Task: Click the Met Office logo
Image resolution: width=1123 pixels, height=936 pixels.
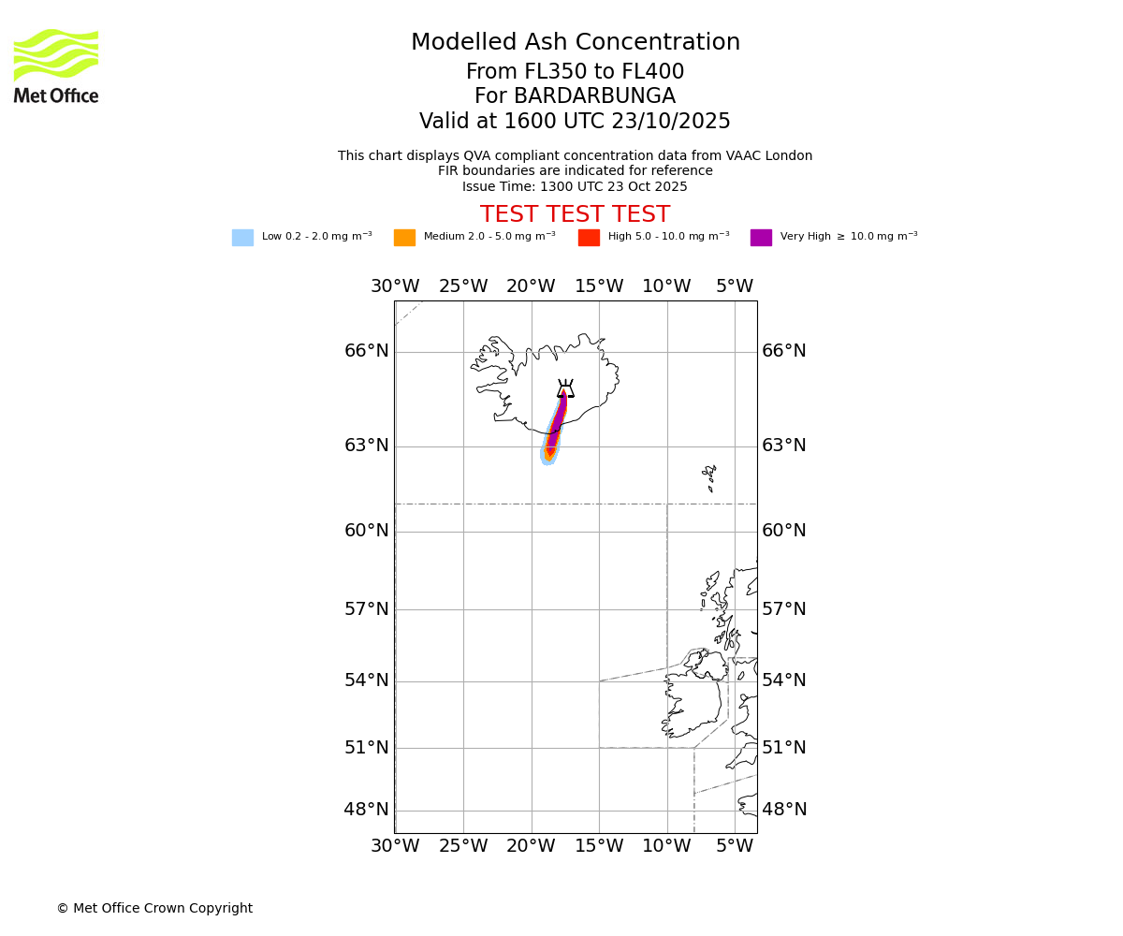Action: [56, 66]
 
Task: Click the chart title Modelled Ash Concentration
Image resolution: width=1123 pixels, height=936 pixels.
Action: [575, 43]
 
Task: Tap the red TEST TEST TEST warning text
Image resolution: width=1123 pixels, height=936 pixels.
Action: [575, 215]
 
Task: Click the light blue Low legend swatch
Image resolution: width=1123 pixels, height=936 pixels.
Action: [242, 238]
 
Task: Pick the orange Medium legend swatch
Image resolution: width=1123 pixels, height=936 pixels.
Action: [404, 238]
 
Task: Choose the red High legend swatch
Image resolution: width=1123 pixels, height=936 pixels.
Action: [589, 238]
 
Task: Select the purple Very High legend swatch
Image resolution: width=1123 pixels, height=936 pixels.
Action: [761, 238]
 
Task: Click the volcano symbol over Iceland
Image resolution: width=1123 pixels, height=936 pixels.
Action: [565, 389]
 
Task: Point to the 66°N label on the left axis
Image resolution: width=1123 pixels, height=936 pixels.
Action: [366, 351]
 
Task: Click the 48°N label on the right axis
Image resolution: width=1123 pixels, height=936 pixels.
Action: [784, 810]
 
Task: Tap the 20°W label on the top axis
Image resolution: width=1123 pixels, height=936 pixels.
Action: [531, 286]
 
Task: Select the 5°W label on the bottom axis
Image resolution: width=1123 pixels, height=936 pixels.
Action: [735, 846]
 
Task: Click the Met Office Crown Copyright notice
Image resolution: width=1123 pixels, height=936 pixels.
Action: [154, 909]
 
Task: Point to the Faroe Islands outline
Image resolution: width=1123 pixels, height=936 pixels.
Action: [710, 476]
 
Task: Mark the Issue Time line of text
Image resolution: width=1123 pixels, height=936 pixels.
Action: [575, 187]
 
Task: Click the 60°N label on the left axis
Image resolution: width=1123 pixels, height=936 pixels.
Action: [366, 531]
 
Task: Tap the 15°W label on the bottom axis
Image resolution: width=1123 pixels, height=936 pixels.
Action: [599, 846]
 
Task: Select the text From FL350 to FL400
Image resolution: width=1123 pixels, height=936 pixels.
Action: [575, 72]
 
